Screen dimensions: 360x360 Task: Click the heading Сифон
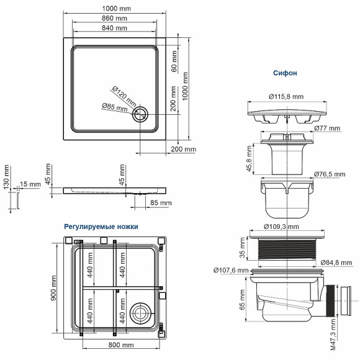click(285, 73)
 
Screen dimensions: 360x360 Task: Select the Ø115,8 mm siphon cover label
click(286, 96)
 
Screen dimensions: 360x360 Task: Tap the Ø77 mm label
click(327, 128)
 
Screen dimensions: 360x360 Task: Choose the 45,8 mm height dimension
click(250, 159)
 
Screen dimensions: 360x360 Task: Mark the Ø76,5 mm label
click(329, 174)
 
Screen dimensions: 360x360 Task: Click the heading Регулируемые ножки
click(101, 227)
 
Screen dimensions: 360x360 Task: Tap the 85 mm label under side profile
click(161, 203)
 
